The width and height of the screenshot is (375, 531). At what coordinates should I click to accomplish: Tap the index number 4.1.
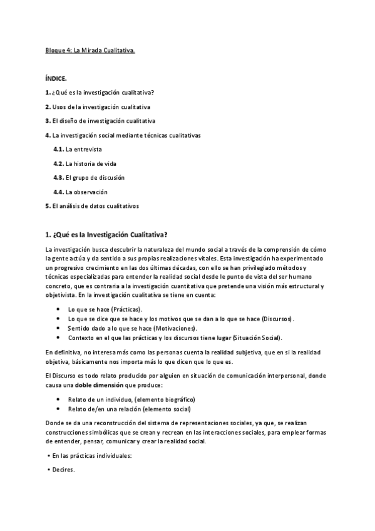tap(59, 150)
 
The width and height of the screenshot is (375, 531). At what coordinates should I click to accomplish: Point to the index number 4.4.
tap(59, 192)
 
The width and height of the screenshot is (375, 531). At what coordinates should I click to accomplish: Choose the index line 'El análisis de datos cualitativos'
tap(95, 205)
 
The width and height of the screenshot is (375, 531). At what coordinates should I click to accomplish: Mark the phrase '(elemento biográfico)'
tap(166, 400)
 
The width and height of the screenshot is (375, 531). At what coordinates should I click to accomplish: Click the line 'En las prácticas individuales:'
tap(90, 456)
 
